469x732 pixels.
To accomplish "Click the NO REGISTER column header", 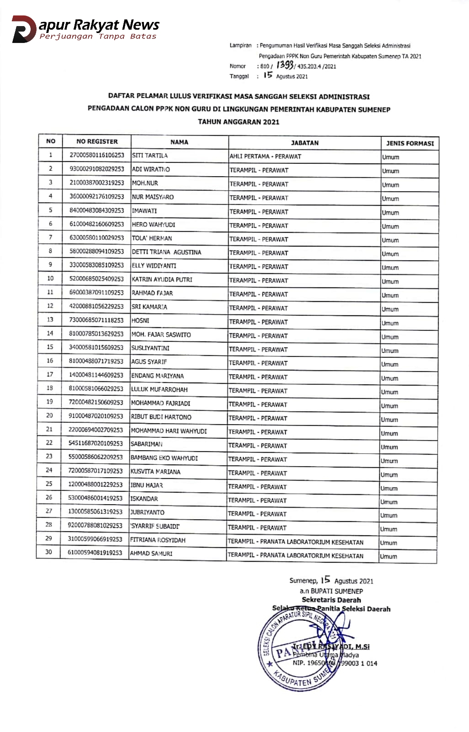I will pyautogui.click(x=97, y=141).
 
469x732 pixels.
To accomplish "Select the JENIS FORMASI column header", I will pyautogui.click(x=410, y=143).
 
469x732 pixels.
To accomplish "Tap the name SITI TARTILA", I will pyautogui.click(x=150, y=156).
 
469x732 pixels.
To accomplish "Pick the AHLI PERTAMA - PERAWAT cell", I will pyautogui.click(x=266, y=156).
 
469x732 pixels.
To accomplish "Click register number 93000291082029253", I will pyautogui.click(x=96, y=169).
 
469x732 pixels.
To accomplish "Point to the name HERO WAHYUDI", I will pyautogui.click(x=154, y=225).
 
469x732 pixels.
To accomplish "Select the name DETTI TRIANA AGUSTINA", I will pyautogui.click(x=166, y=252).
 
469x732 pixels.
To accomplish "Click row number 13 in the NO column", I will pyautogui.click(x=50, y=319).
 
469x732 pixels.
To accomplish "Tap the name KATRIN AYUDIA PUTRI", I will pyautogui.click(x=162, y=280).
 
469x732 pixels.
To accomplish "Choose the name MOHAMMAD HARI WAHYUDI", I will pyautogui.click(x=169, y=431).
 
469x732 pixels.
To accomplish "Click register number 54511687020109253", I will pyautogui.click(x=96, y=443).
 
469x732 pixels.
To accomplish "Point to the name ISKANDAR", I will pyautogui.click(x=144, y=499).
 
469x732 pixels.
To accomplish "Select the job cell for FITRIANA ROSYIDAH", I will pyautogui.click(x=296, y=542).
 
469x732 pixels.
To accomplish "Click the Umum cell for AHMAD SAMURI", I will pyautogui.click(x=389, y=556).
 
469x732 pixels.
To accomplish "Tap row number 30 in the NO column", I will pyautogui.click(x=48, y=552).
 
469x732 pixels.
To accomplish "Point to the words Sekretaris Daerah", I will pyautogui.click(x=331, y=600).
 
